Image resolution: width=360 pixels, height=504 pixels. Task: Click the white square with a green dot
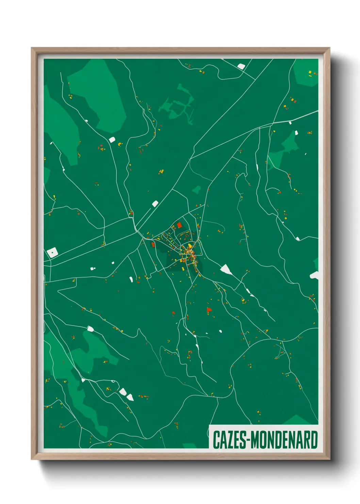pyautogui.click(x=52, y=252)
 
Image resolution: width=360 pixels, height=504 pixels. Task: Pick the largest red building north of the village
pyautogui.click(x=179, y=225)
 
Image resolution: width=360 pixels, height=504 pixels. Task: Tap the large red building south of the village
pyautogui.click(x=209, y=310)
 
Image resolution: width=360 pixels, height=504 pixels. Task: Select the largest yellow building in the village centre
pyautogui.click(x=190, y=246)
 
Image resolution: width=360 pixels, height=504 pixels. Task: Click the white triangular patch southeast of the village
pyautogui.click(x=226, y=270)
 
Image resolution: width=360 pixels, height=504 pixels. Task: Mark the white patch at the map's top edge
pyautogui.click(x=241, y=66)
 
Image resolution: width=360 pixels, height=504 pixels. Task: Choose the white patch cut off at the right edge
pyautogui.click(x=314, y=275)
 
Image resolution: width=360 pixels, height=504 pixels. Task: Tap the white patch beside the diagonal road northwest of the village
pyautogui.click(x=155, y=204)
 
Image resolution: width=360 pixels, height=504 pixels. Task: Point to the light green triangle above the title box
pyautogui.click(x=297, y=420)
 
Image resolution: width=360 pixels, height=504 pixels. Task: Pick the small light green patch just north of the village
pyautogui.click(x=196, y=190)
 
